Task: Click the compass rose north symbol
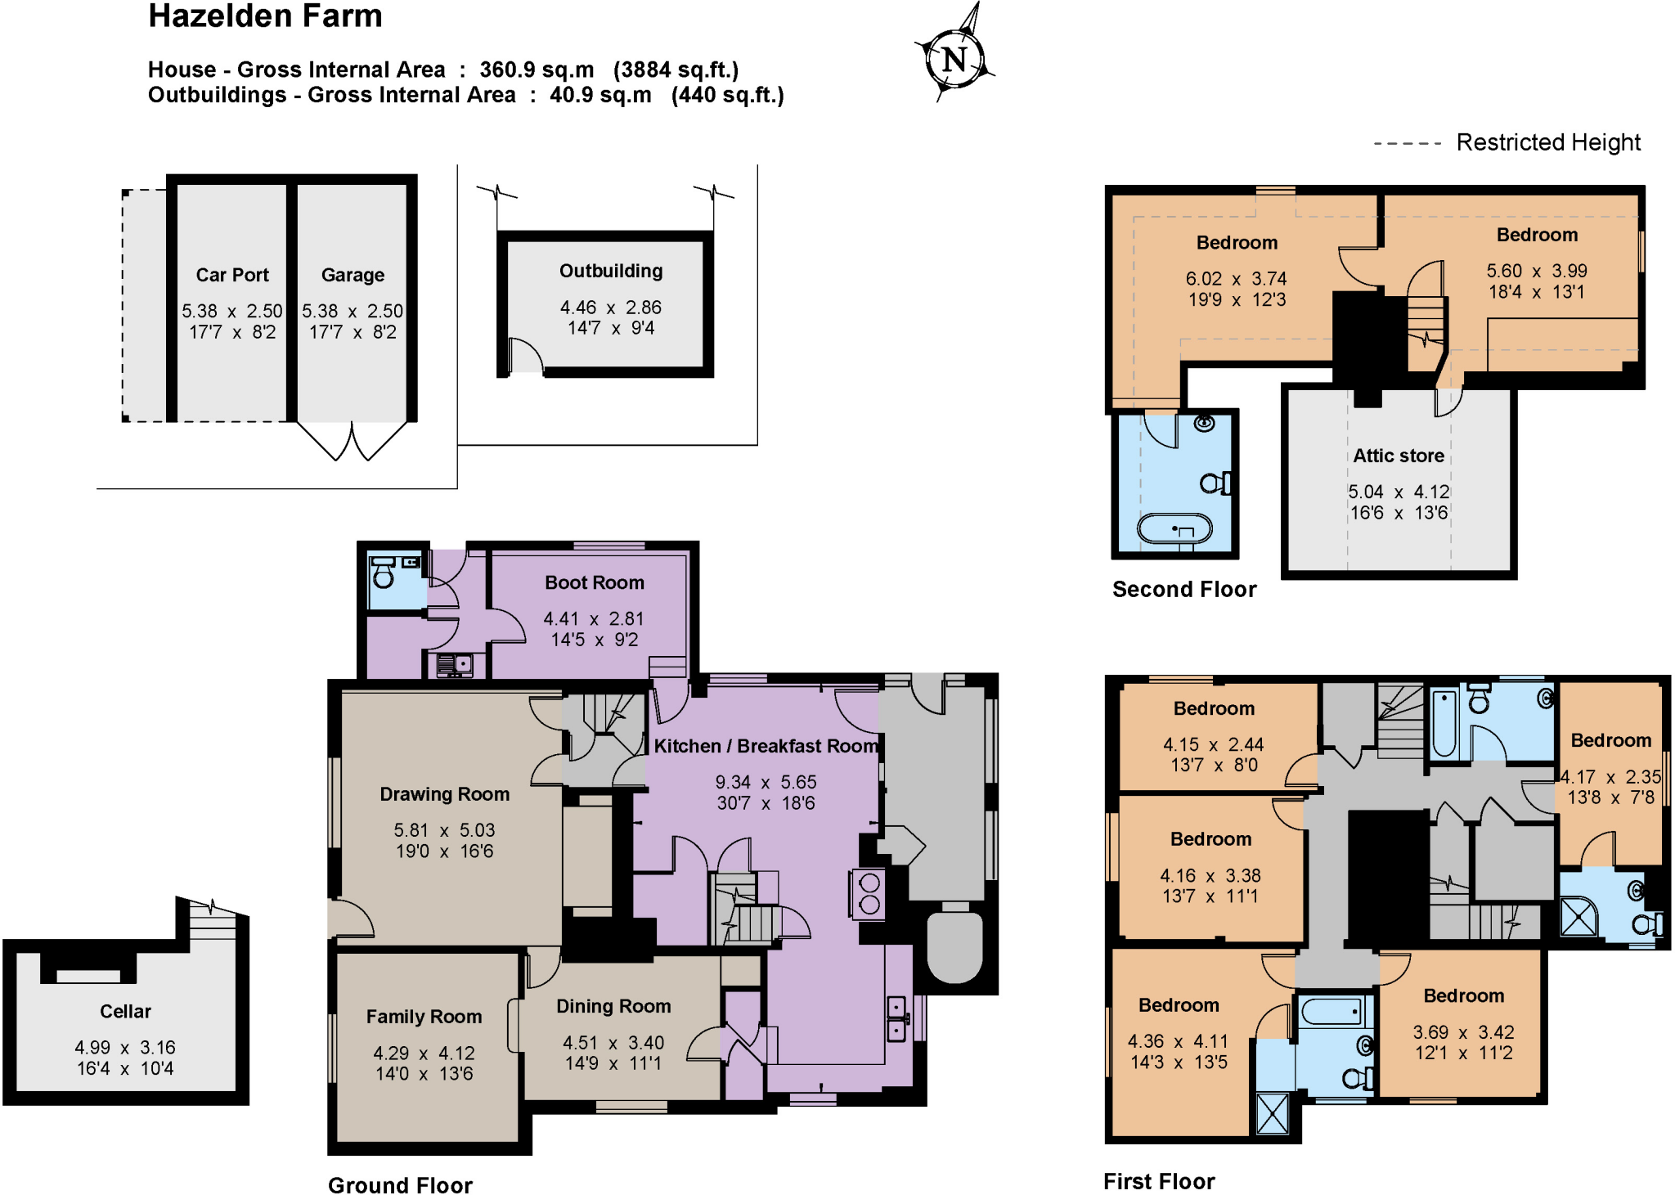click(954, 59)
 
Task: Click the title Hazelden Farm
click(265, 16)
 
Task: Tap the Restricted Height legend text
click(1547, 142)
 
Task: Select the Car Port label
click(232, 275)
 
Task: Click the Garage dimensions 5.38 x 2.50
click(353, 311)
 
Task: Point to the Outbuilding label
click(610, 271)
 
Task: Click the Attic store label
click(1398, 456)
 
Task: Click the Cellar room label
click(125, 1011)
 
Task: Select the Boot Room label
click(594, 582)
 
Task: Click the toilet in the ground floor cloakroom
click(383, 577)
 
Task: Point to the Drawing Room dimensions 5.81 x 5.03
click(444, 830)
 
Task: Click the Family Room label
click(424, 1017)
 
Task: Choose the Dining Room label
click(613, 1006)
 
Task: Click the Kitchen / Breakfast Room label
click(766, 746)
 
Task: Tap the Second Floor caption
click(1183, 589)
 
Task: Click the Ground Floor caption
click(400, 1185)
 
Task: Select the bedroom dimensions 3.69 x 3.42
click(1463, 1032)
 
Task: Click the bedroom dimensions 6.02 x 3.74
click(1236, 279)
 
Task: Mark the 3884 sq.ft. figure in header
click(676, 70)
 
